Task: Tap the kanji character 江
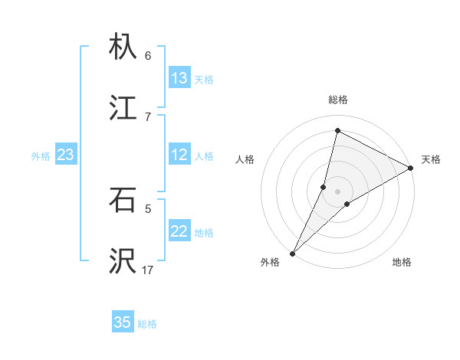[x=123, y=108]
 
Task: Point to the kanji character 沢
[x=123, y=261]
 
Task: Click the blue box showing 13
[x=179, y=78]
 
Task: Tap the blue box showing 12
[x=179, y=155]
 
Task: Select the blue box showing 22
[x=179, y=231]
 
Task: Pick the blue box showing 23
[x=65, y=155]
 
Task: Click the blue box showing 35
[x=123, y=322]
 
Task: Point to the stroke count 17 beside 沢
[x=148, y=270]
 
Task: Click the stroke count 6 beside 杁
[x=148, y=55]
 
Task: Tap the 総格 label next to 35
[x=147, y=324]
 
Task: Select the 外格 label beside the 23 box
[x=41, y=156]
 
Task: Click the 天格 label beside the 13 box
[x=204, y=80]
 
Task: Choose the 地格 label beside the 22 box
[x=204, y=233]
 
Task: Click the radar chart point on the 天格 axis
[x=410, y=168]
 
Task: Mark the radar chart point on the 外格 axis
[x=293, y=253]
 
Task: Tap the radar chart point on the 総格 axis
[x=337, y=130]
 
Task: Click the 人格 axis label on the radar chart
[x=245, y=160]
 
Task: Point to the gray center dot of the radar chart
[x=337, y=191]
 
